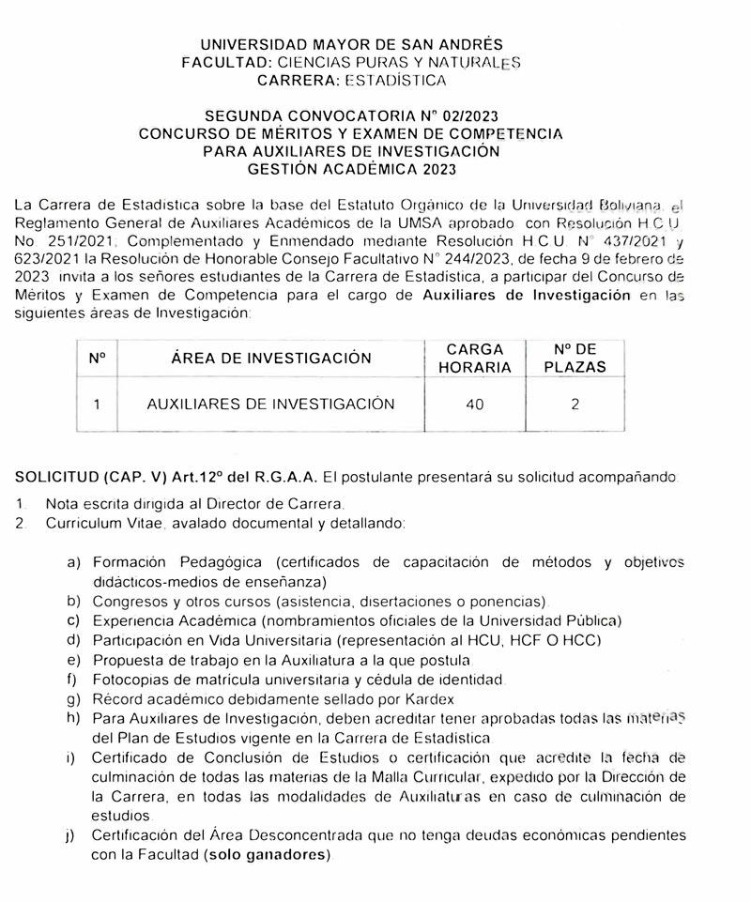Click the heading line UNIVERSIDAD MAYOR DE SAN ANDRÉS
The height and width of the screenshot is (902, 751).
click(x=352, y=44)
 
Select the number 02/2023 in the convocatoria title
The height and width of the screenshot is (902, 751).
click(x=466, y=115)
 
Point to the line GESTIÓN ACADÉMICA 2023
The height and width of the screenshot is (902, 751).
click(x=351, y=169)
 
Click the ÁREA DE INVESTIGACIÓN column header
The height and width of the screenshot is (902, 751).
click(x=271, y=358)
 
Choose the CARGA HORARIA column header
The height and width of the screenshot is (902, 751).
click(x=474, y=358)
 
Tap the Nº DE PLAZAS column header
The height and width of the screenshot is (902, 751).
click(x=575, y=358)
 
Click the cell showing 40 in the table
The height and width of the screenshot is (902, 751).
click(x=474, y=405)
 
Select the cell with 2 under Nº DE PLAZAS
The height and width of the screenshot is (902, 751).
click(x=575, y=405)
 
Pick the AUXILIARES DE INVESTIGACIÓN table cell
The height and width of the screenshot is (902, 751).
click(x=270, y=405)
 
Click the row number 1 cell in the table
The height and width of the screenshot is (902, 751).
click(x=97, y=405)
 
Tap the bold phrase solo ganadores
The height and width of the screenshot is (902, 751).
click(x=269, y=855)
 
